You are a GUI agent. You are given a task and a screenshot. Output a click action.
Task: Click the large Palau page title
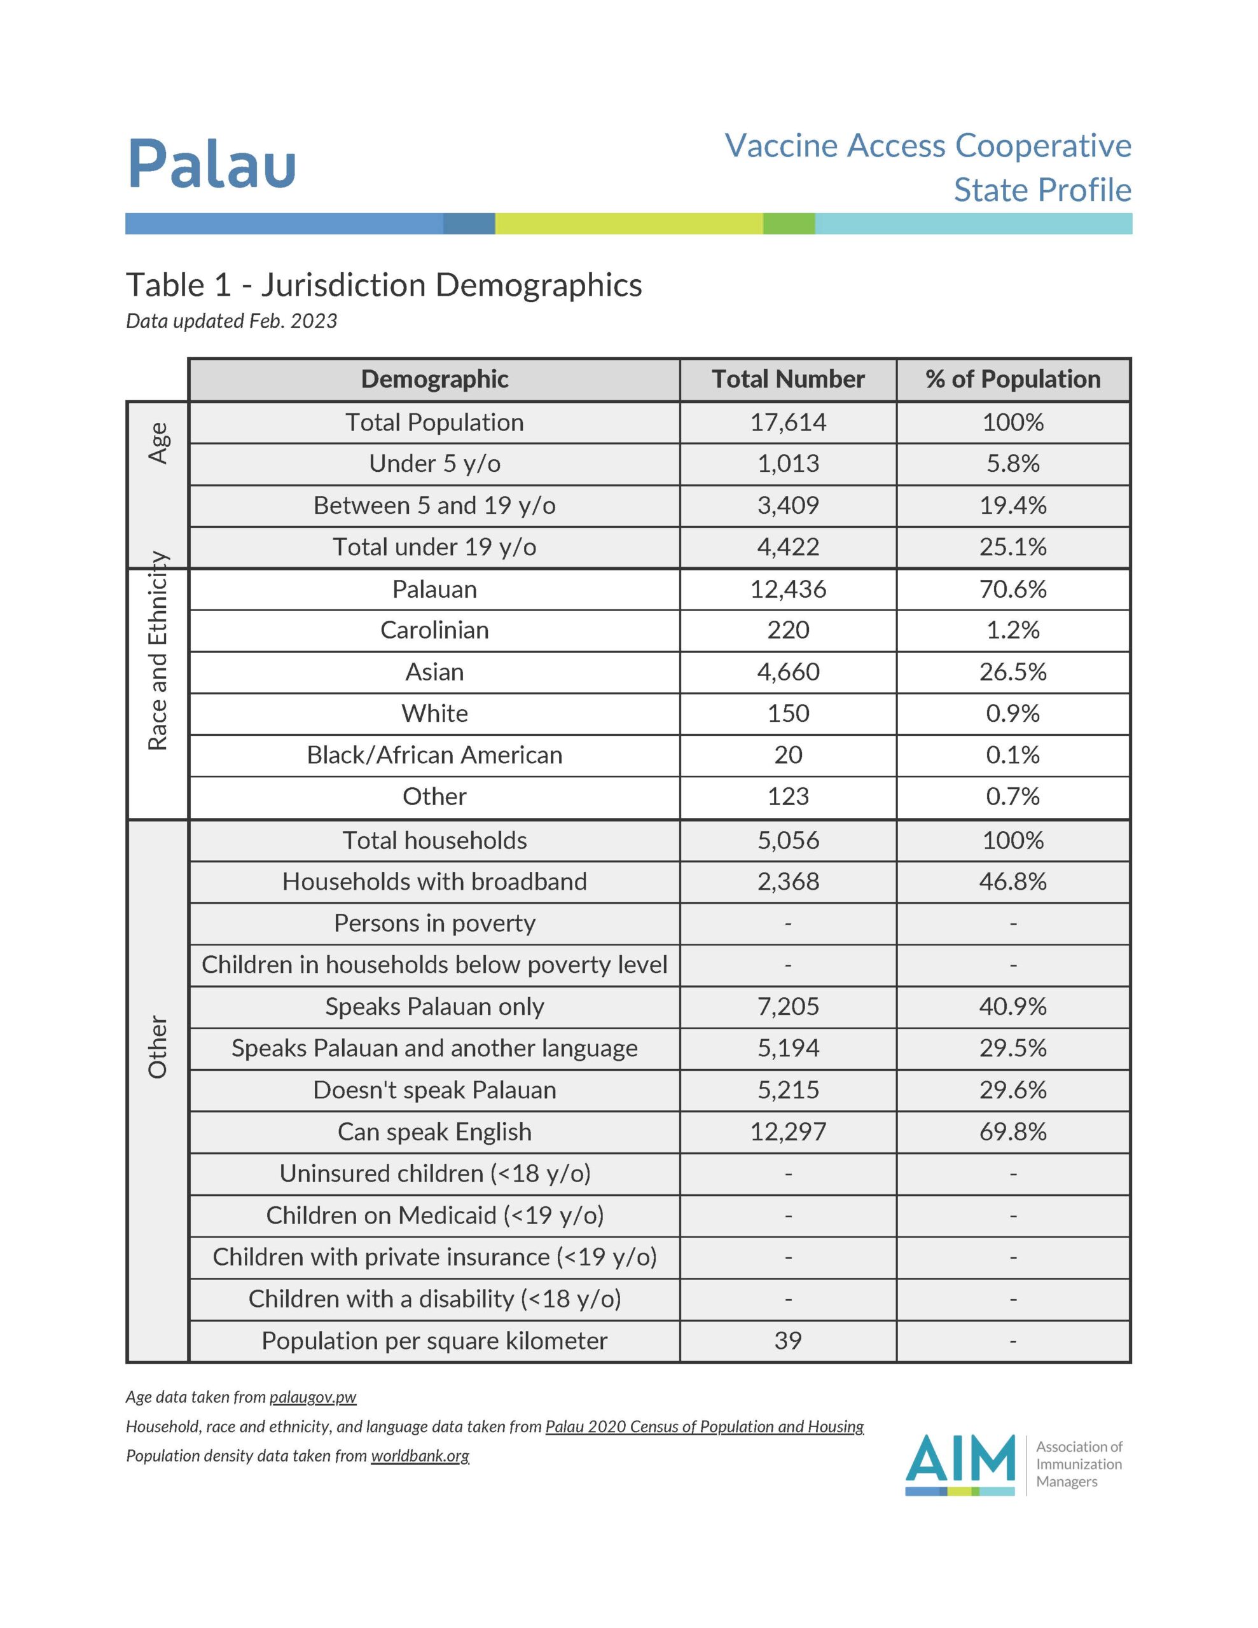212,163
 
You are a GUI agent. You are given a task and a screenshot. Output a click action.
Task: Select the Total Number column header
787,380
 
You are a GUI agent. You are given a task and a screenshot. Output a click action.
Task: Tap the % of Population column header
1012,380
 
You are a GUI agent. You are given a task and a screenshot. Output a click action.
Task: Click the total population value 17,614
787,423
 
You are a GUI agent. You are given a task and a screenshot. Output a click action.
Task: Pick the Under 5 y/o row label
434,464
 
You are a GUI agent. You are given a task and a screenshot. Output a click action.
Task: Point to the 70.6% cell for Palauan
1012,590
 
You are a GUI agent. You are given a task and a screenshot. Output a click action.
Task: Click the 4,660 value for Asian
787,672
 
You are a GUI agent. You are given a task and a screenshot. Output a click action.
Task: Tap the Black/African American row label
434,755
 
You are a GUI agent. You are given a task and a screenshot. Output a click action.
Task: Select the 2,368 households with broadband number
787,882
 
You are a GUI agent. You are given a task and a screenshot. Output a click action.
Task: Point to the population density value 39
787,1341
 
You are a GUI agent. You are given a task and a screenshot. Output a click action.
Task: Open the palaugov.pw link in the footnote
312,1397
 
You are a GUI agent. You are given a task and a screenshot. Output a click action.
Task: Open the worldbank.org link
420,1456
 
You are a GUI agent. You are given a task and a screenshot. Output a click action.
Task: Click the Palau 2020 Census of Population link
704,1427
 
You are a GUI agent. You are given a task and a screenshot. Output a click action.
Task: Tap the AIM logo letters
960,1459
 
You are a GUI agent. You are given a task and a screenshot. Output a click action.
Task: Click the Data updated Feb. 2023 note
231,321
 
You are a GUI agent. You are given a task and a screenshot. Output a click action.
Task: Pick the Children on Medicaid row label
434,1216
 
